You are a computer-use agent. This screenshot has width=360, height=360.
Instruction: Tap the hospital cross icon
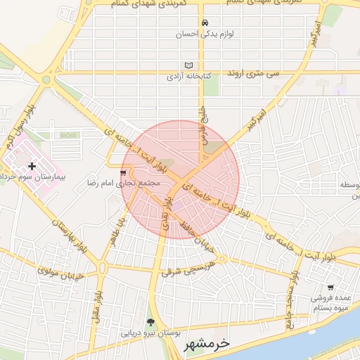pos(32,165)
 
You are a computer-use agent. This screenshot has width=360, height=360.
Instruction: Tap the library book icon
pos(188,65)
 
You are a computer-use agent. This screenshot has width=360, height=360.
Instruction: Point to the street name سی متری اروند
pos(252,72)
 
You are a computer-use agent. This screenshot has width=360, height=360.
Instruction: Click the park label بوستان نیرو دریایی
pos(150,333)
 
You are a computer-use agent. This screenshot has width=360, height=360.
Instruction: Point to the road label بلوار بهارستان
pos(63,233)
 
